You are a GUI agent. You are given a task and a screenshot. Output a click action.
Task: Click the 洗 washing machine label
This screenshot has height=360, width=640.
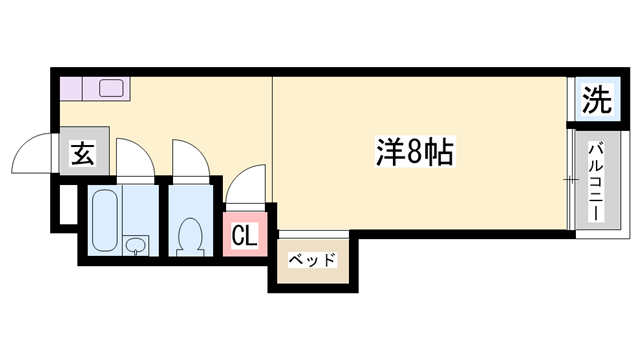pyautogui.click(x=596, y=99)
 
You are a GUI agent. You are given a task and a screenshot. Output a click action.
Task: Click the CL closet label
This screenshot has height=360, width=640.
pyautogui.click(x=244, y=236)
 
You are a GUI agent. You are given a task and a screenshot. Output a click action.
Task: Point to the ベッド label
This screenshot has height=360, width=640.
pyautogui.click(x=312, y=260)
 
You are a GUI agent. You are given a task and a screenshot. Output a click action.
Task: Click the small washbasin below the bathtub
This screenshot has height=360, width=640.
pyautogui.click(x=136, y=245)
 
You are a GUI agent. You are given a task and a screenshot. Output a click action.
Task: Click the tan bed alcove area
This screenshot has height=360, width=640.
pyautogui.click(x=312, y=262)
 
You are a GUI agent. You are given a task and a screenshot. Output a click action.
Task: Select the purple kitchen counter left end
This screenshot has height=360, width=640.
pyautogui.click(x=67, y=88)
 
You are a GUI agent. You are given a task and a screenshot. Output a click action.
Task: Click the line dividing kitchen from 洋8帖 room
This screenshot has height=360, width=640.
pyautogui.click(x=272, y=130)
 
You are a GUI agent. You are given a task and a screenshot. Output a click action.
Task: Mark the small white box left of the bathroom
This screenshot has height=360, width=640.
pyautogui.click(x=64, y=205)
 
